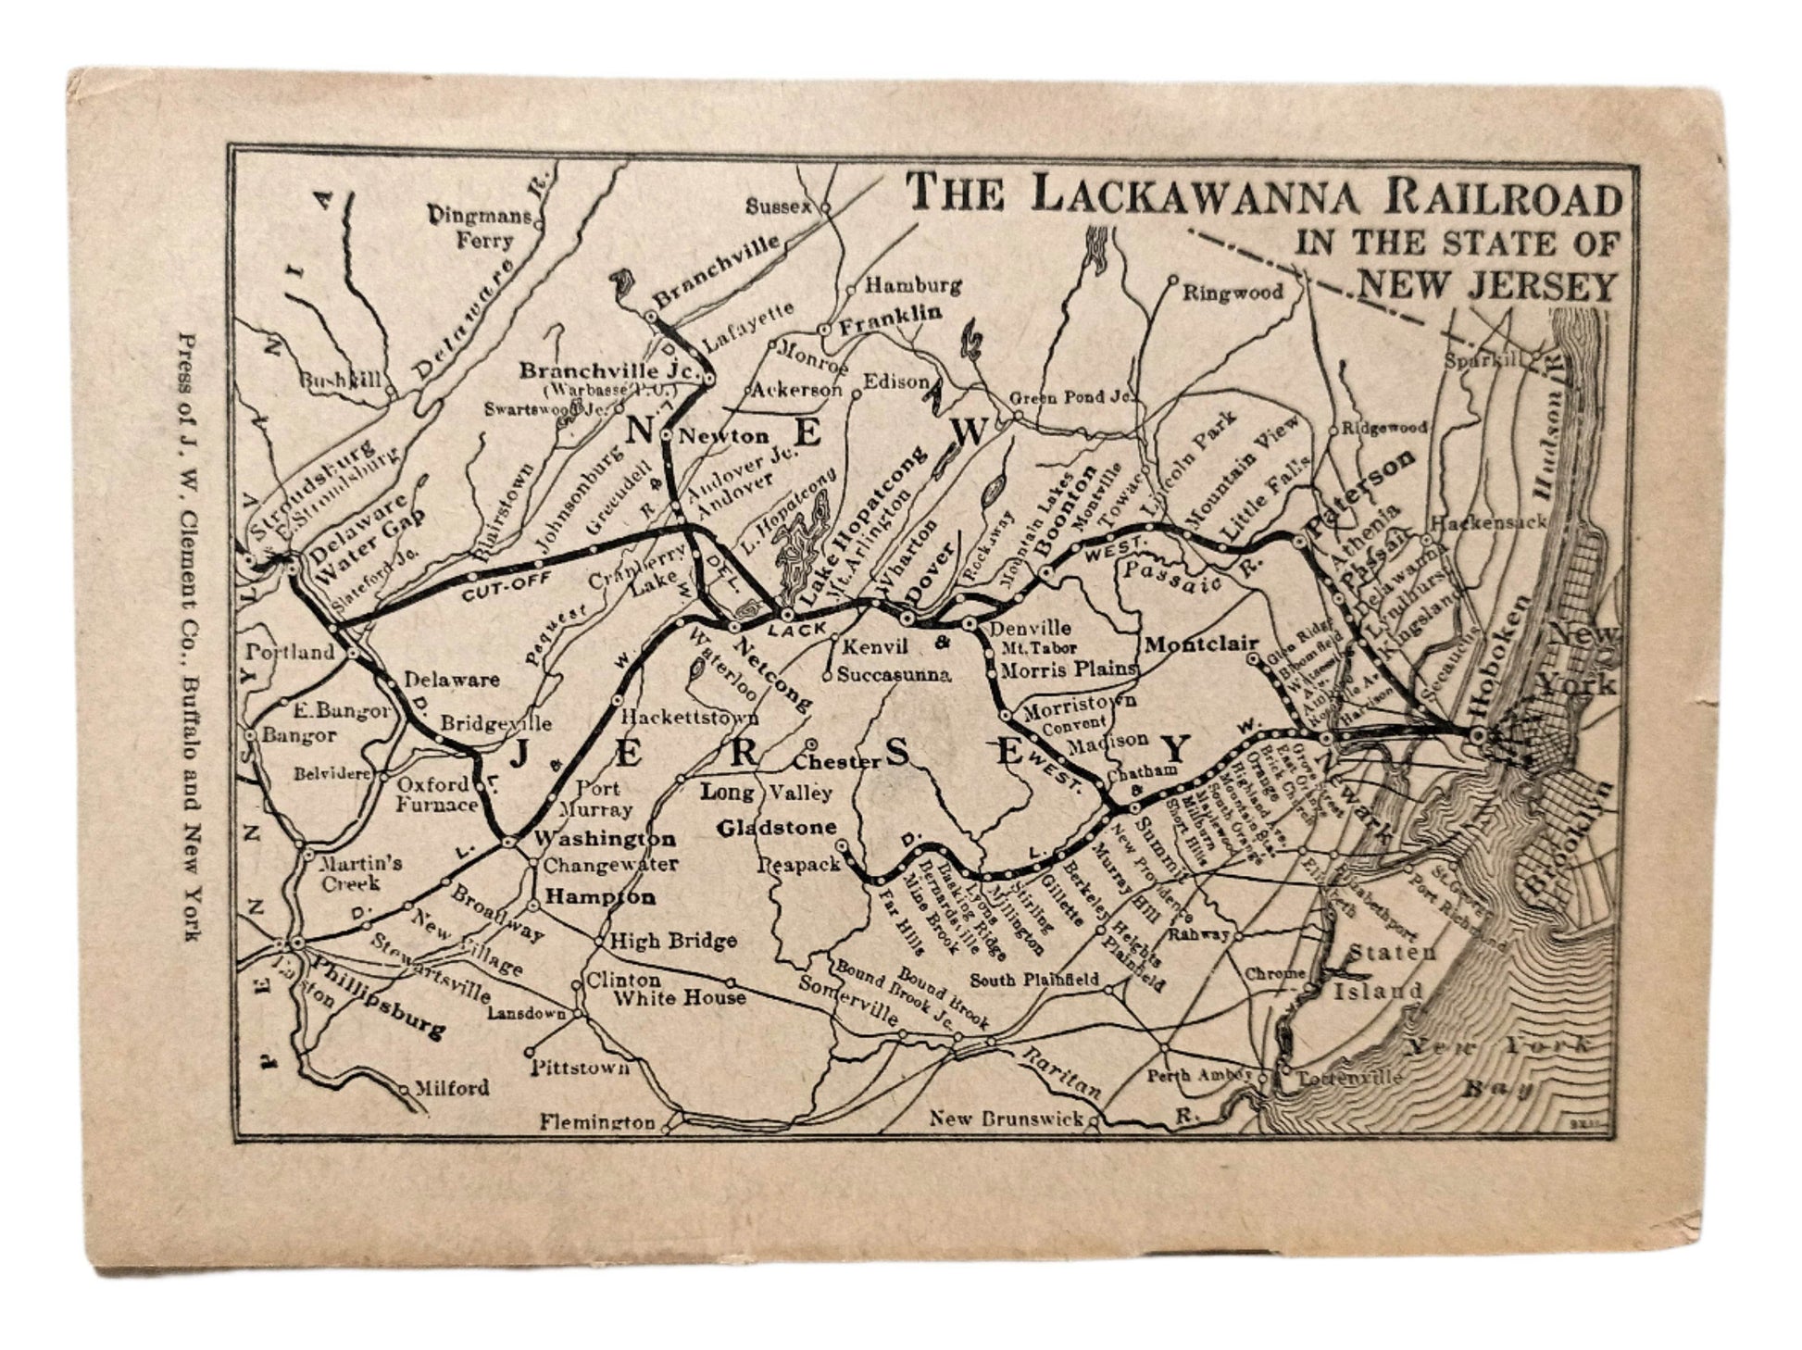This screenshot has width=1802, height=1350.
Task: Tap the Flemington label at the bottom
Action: [598, 1121]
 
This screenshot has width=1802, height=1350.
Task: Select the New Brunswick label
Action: [1006, 1119]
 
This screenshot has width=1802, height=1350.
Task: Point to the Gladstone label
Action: [777, 827]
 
